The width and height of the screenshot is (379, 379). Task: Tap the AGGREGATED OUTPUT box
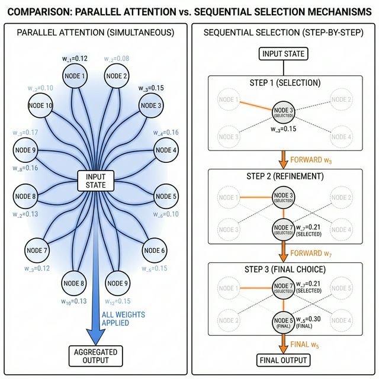click(x=95, y=355)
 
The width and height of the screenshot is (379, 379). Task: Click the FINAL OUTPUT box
click(x=283, y=360)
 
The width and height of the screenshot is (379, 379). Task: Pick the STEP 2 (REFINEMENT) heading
click(x=283, y=176)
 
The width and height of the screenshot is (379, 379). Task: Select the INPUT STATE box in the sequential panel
click(x=283, y=54)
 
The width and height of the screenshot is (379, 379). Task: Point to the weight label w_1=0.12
click(x=75, y=59)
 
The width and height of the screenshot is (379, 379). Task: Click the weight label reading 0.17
click(x=24, y=132)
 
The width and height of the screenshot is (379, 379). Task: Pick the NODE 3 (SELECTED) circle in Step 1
click(x=283, y=113)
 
